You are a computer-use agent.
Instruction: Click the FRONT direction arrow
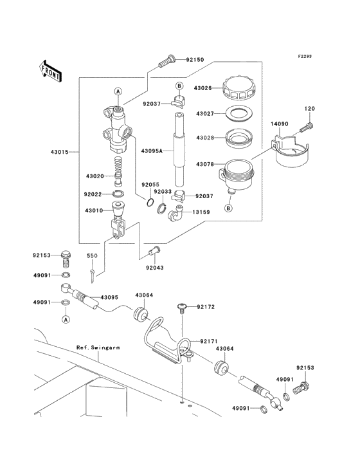click(50, 71)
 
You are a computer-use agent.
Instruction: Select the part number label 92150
click(195, 59)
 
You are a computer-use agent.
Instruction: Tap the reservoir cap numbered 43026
click(239, 88)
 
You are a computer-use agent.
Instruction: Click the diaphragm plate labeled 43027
click(239, 113)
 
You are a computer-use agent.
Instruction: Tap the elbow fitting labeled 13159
click(175, 213)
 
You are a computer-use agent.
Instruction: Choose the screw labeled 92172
click(181, 308)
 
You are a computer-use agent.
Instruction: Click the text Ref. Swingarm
click(98, 347)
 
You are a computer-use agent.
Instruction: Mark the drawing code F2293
click(305, 56)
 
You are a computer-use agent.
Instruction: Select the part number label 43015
click(59, 152)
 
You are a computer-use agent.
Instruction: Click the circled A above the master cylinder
click(118, 91)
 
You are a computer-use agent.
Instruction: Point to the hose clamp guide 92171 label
click(209, 341)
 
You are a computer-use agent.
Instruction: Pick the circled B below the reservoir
click(229, 208)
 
